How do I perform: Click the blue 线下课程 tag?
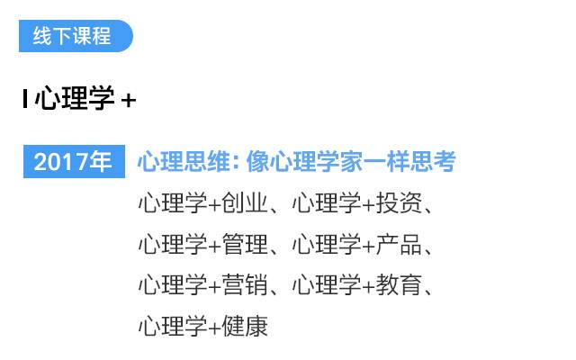(75, 36)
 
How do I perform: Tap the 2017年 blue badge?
(73, 162)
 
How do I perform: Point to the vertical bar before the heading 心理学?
(25, 99)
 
